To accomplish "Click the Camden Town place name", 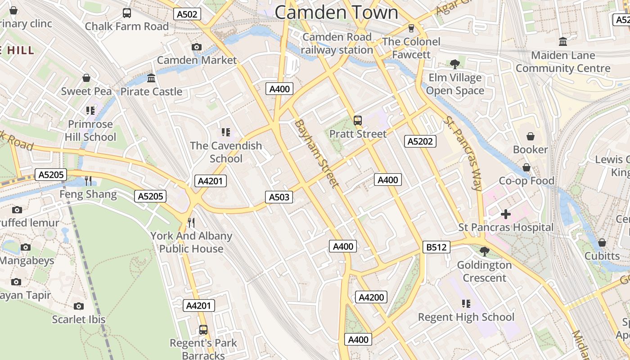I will coord(336,12).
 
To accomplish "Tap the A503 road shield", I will coord(279,197).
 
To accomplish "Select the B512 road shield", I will coord(436,247).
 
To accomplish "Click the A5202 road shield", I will coord(420,141).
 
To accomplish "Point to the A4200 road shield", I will coord(372,297).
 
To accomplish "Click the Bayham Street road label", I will coord(316,153).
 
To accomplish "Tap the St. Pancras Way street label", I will coord(463,153).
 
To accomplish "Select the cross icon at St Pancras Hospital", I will coord(506,214).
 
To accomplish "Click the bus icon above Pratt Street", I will coord(358,120).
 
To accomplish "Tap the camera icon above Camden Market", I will coord(196,47).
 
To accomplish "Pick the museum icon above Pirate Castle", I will coord(151,78).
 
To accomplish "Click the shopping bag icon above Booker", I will coord(531,136).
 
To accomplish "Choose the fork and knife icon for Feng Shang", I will coord(88,181).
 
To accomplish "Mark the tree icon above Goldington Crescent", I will coord(485,251).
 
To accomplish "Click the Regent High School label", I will coord(466,317).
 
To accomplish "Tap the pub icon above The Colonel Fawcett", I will coord(411,28).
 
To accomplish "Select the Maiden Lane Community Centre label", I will coord(563,62).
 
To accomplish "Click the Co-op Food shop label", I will coord(526,181).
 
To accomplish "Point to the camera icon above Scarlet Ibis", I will coord(79,306).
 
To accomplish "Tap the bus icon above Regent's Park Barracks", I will coord(203,330).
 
